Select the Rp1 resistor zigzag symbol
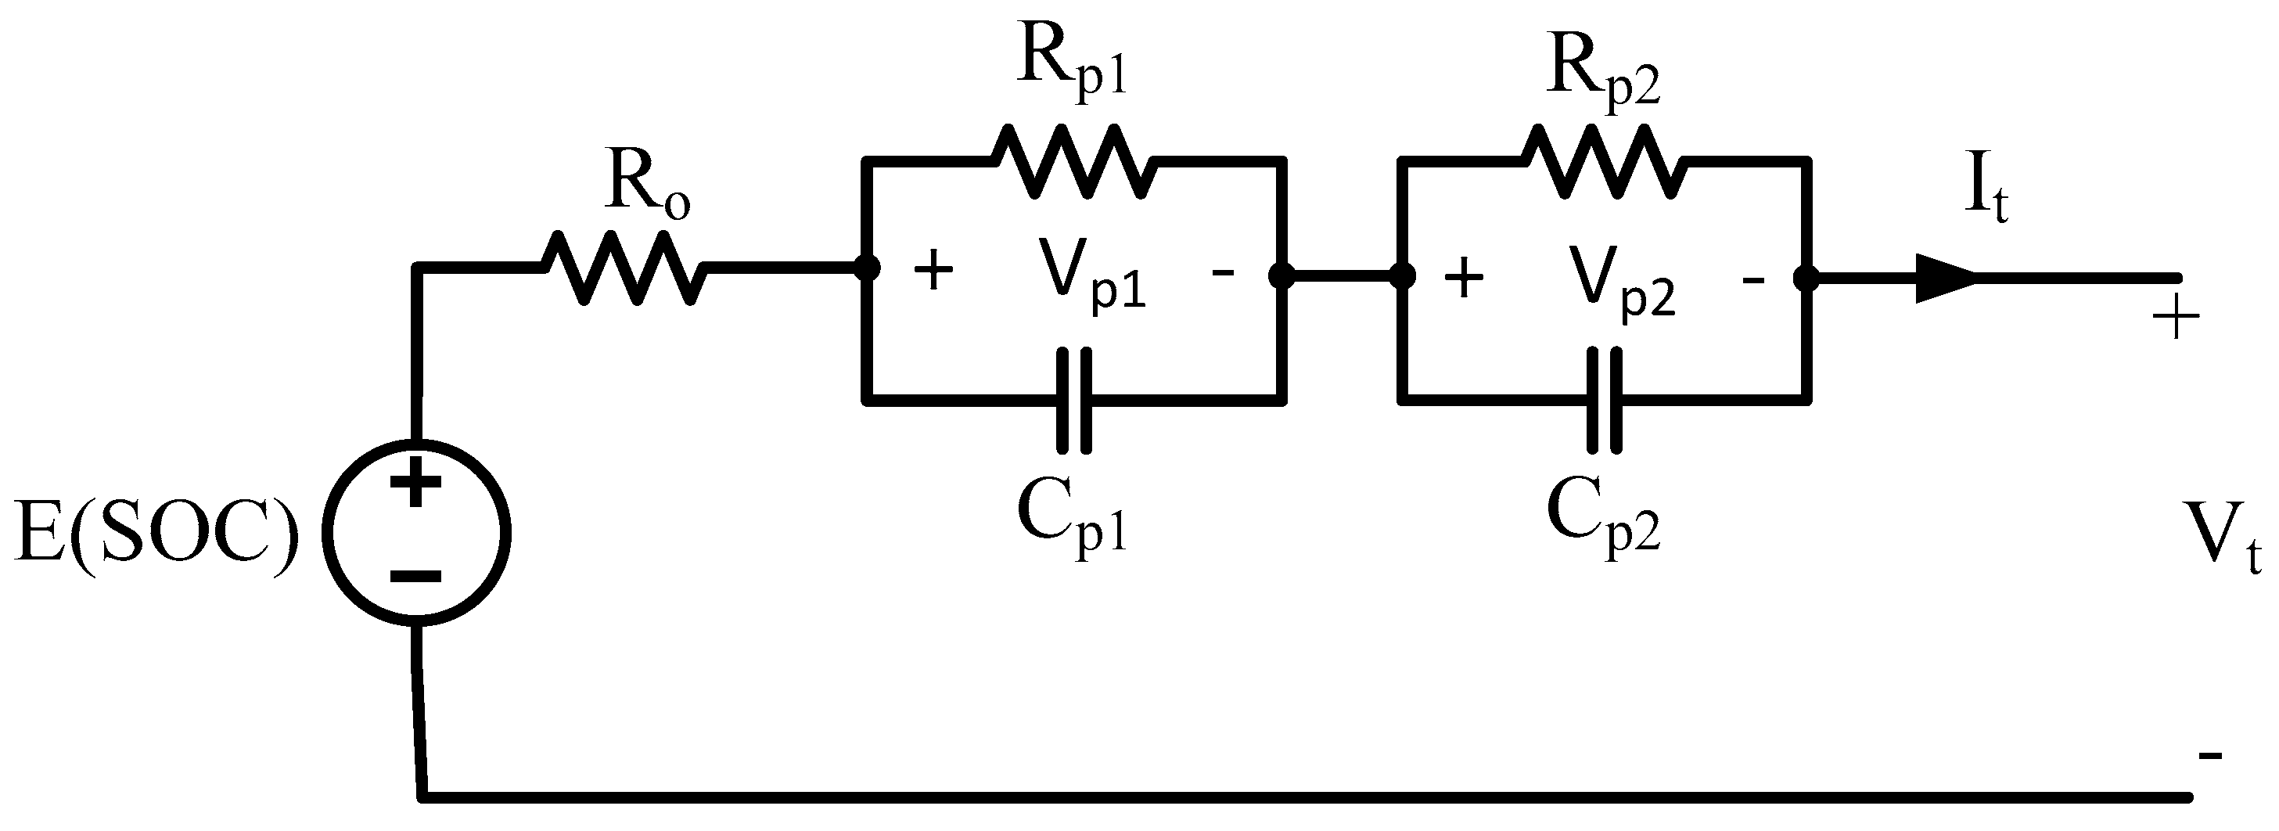pyautogui.click(x=1073, y=161)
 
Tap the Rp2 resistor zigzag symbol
pyautogui.click(x=1603, y=161)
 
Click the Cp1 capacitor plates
pyautogui.click(x=1074, y=401)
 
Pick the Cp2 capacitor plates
pyautogui.click(x=1604, y=401)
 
